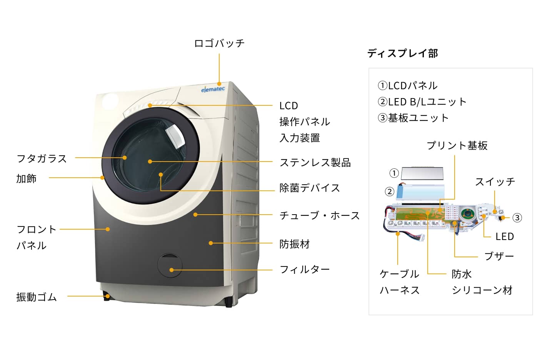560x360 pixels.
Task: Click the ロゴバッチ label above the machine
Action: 219,43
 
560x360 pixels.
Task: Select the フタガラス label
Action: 42,158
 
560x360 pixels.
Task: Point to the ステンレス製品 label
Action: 315,163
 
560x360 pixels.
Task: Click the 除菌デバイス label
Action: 310,188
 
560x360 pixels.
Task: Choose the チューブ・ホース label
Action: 319,216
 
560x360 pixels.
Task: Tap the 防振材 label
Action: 295,244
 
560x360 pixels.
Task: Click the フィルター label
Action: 305,270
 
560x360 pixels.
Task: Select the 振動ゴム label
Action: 37,297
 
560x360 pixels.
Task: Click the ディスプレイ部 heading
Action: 402,53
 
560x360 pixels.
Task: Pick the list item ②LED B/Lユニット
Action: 422,102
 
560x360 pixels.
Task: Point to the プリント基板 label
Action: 457,146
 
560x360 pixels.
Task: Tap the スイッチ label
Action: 495,182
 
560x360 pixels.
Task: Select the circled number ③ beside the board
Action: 517,218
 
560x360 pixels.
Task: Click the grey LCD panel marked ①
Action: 422,173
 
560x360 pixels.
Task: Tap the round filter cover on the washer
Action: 170,266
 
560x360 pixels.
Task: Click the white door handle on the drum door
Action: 175,136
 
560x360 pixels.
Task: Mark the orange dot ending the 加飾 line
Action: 102,178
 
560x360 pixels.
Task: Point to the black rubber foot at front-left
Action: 107,297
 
